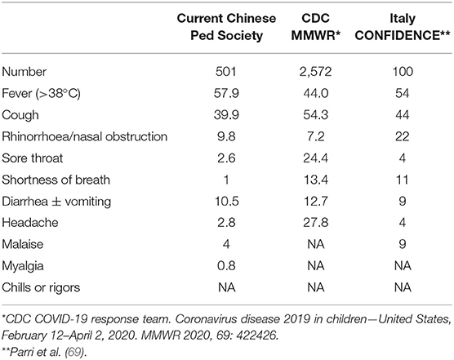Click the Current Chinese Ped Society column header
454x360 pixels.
(x=226, y=27)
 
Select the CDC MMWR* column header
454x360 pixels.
(x=316, y=27)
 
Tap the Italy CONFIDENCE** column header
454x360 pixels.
(x=403, y=27)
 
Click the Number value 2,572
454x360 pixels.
(x=316, y=72)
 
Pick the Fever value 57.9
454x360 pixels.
(x=226, y=93)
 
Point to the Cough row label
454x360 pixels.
(x=20, y=115)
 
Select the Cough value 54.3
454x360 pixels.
(x=316, y=115)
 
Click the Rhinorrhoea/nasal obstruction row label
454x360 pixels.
(x=85, y=136)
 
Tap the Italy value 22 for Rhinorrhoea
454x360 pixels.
(x=403, y=136)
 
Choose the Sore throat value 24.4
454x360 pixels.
(x=316, y=158)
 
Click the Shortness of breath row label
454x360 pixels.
(x=56, y=180)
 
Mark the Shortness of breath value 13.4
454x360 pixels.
(x=316, y=180)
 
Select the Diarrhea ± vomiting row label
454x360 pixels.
(x=56, y=202)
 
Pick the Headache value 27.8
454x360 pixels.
(x=316, y=223)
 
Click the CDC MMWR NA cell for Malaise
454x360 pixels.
(x=316, y=244)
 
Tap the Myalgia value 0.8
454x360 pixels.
(x=226, y=265)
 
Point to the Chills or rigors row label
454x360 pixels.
(x=41, y=287)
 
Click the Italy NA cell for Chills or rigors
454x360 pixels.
(x=403, y=287)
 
